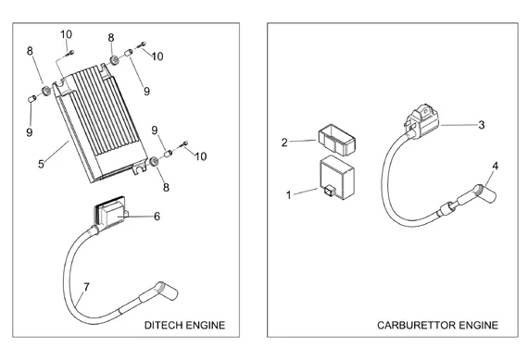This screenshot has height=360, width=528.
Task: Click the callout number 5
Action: (x=41, y=164)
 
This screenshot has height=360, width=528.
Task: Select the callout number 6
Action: (x=157, y=217)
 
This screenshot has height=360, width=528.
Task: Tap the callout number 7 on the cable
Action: (x=86, y=287)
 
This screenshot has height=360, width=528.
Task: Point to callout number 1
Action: (x=288, y=194)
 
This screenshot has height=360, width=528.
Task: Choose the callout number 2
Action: (x=284, y=143)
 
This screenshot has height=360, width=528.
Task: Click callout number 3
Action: (x=482, y=125)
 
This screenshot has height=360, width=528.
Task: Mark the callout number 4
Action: (x=495, y=166)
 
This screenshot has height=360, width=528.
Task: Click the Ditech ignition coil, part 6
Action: (x=110, y=213)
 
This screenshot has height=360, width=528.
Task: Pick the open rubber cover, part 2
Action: (x=336, y=140)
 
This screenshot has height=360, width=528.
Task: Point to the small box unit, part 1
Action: (x=337, y=178)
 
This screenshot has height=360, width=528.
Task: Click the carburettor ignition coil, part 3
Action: (x=422, y=121)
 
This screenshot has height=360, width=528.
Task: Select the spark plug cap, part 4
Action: (x=486, y=193)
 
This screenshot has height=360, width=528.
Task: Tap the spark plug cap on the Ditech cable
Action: (x=166, y=291)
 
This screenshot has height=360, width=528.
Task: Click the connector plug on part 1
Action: (x=328, y=191)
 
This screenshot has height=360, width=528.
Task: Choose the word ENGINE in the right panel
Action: (x=479, y=326)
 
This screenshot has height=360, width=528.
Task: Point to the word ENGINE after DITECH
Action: (x=206, y=326)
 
